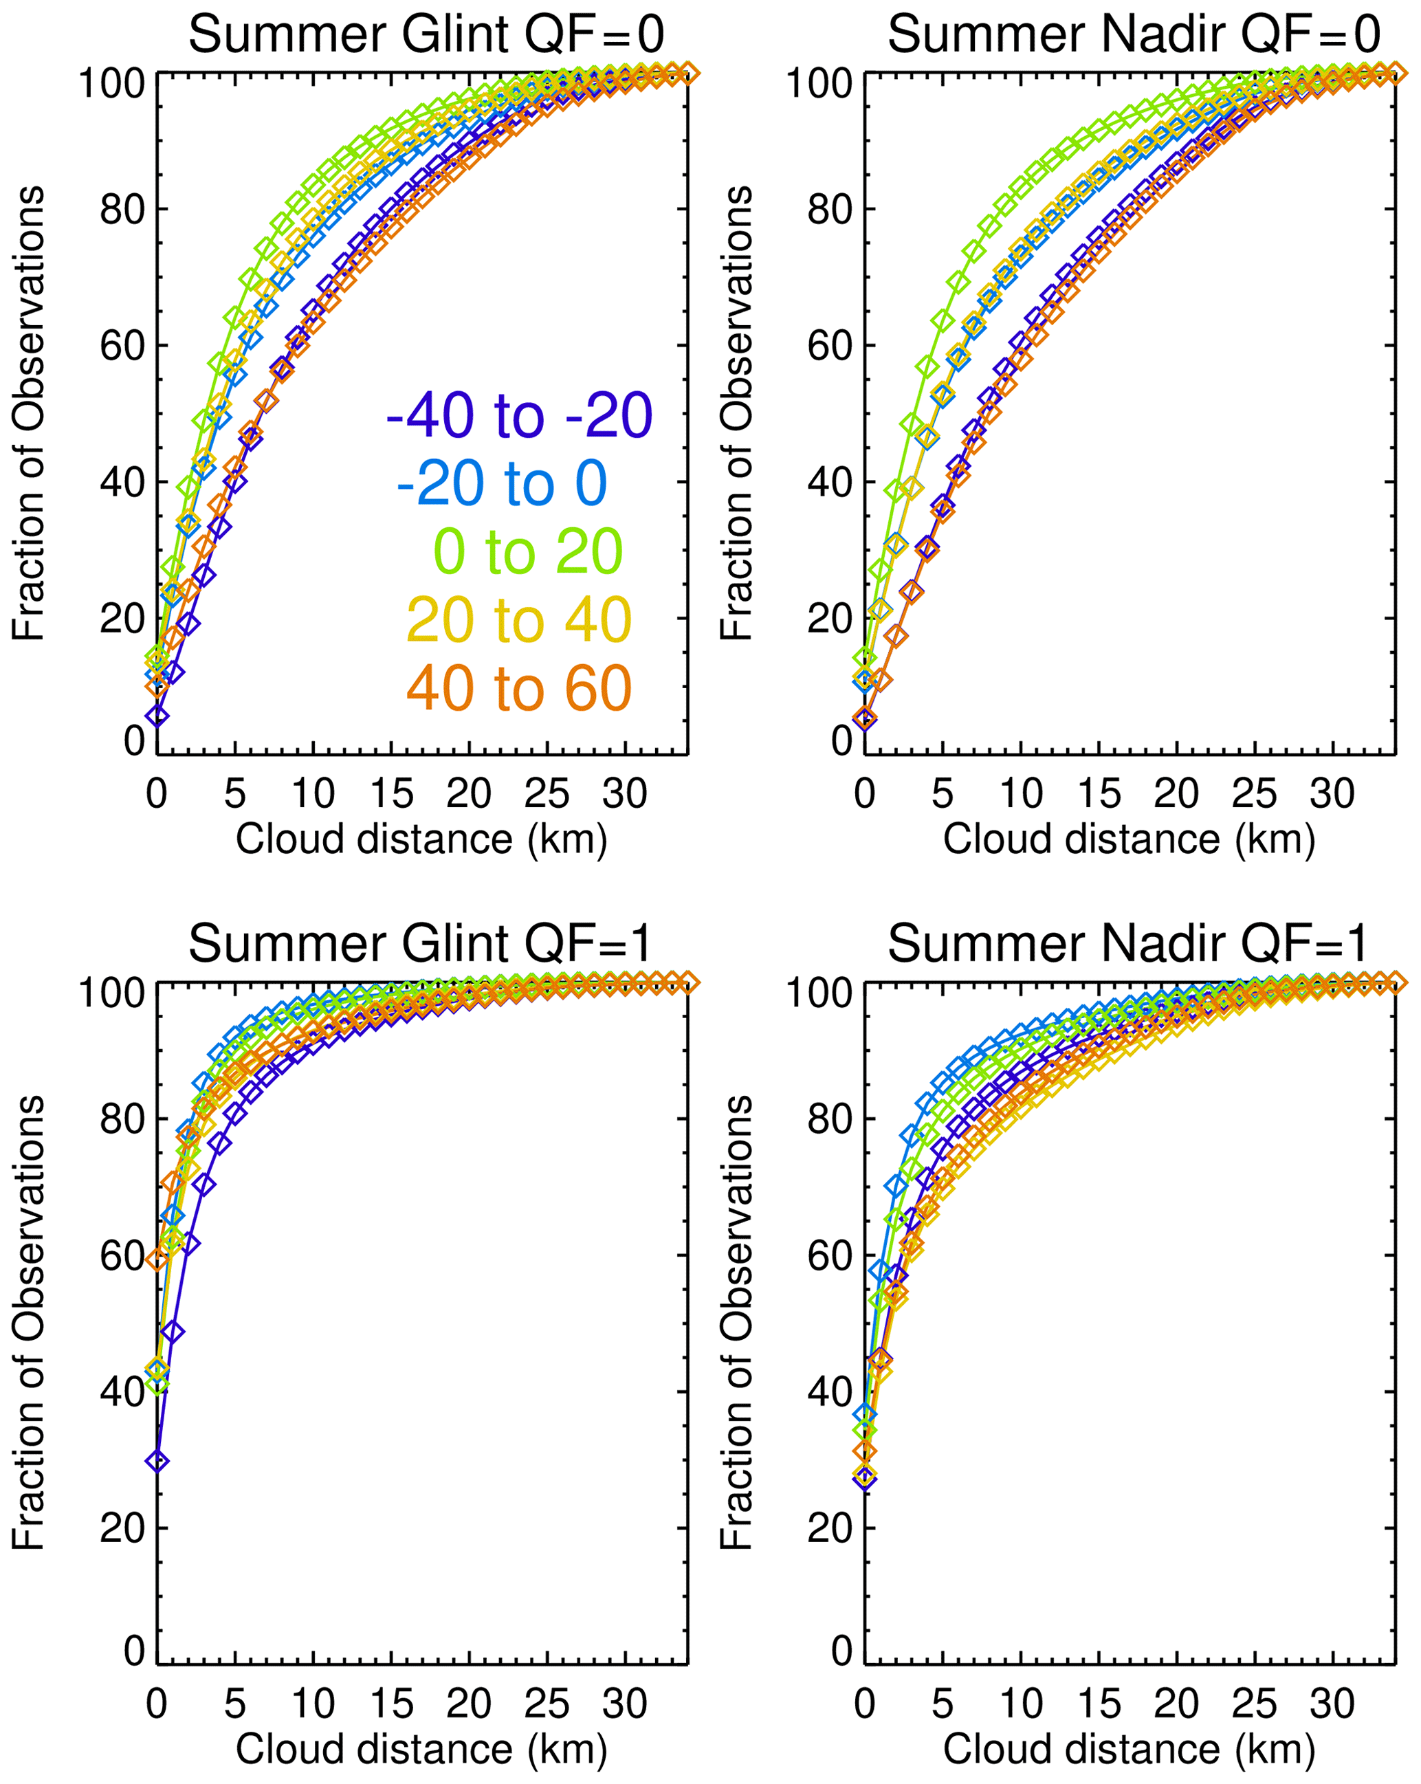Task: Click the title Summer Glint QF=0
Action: [x=426, y=35]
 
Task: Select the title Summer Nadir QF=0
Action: [x=1134, y=35]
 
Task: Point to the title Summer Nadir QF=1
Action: [x=1127, y=943]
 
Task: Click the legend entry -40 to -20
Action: [x=519, y=415]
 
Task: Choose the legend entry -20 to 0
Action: [x=503, y=484]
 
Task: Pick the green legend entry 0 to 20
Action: [x=528, y=552]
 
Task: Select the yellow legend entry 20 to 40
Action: [x=519, y=620]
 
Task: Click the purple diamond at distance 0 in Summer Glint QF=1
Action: [x=157, y=1462]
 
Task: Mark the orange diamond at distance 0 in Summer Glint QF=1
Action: [x=157, y=1260]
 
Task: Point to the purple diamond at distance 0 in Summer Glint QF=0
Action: [x=157, y=716]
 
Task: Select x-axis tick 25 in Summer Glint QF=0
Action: [x=547, y=794]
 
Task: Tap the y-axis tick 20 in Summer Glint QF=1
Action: [x=122, y=1529]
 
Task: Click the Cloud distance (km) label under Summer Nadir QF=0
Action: [x=1129, y=839]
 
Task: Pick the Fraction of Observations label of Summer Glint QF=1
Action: [x=28, y=1322]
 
